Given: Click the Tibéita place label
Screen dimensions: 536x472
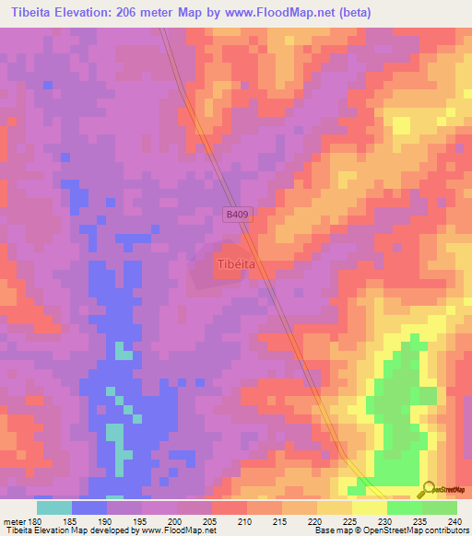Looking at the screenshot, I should pos(235,263).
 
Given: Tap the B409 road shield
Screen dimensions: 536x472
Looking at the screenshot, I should pos(238,214).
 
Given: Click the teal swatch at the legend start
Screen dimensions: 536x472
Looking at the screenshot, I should pos(53,507).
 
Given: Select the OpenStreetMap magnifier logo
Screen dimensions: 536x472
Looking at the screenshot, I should pos(428,489).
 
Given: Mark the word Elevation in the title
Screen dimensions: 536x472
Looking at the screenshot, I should pos(91,14).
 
